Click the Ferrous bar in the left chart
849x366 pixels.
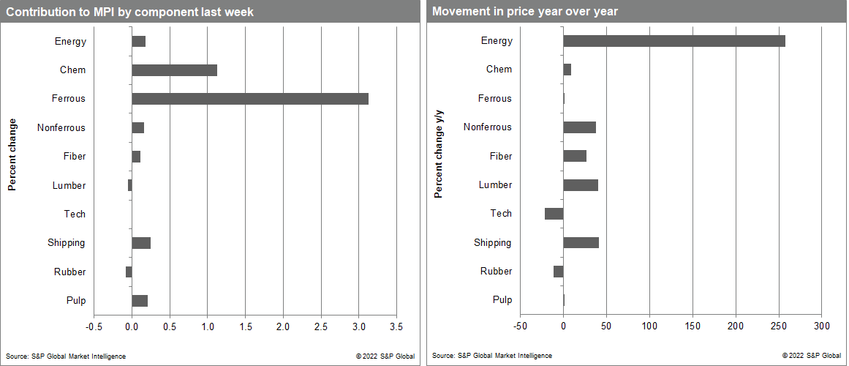coord(250,99)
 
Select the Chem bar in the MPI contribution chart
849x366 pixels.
coord(174,70)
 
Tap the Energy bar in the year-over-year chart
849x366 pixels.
coord(673,41)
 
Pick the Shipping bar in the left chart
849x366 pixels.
coord(141,243)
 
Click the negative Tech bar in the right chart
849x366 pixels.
coord(554,214)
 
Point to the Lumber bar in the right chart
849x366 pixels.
coord(581,185)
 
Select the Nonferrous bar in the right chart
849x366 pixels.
coord(579,127)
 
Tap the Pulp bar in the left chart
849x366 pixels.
coord(140,301)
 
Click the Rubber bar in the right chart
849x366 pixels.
coord(558,272)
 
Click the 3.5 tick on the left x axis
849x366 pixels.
coord(396,326)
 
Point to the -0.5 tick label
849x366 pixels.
coord(94,326)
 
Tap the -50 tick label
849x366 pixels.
coord(520,325)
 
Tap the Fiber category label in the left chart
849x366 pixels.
coord(74,157)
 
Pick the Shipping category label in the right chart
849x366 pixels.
coord(492,243)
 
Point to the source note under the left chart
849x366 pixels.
coord(66,356)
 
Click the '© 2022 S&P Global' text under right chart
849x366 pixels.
coord(812,356)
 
